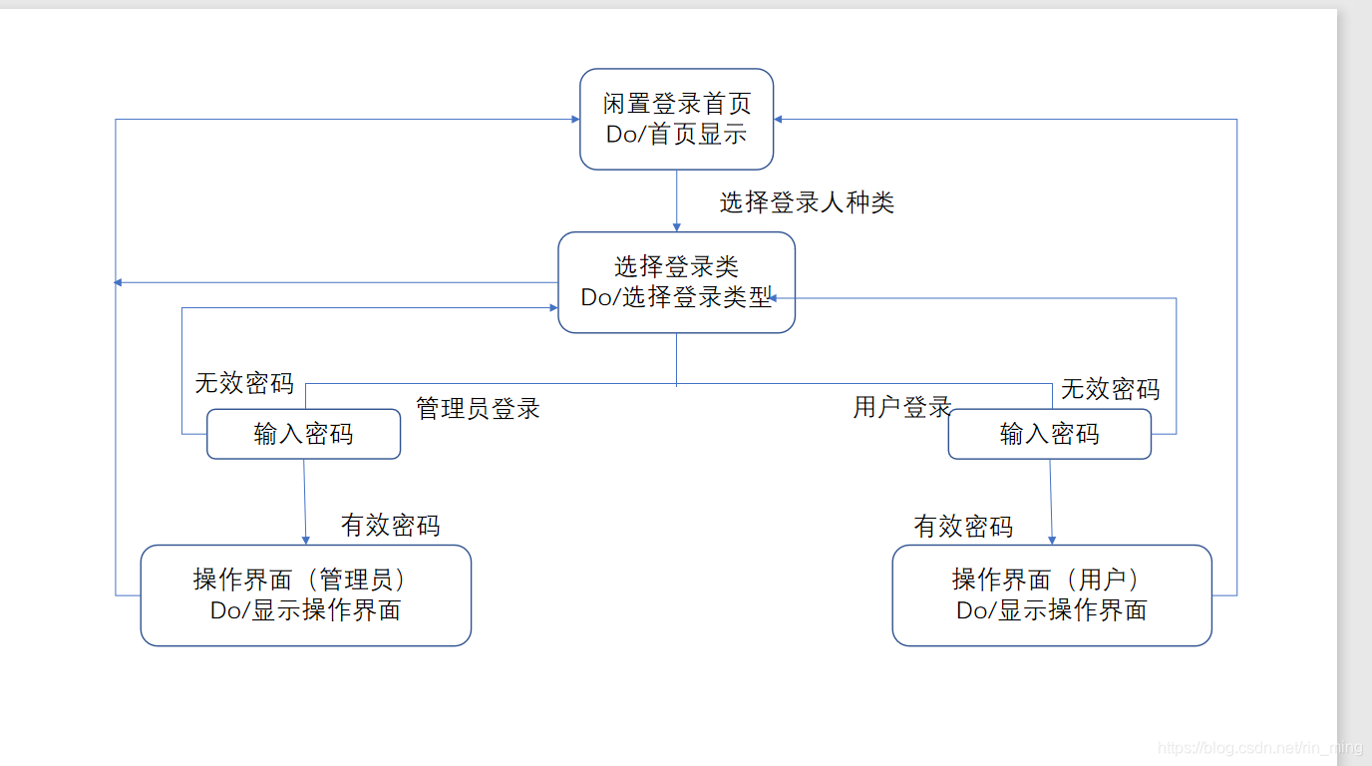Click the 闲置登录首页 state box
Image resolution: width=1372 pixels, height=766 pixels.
(x=677, y=119)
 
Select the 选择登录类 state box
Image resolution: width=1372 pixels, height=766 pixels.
(x=677, y=282)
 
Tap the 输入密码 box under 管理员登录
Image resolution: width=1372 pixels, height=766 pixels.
(x=303, y=434)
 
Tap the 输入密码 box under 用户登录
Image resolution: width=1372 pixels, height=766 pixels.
(x=1050, y=434)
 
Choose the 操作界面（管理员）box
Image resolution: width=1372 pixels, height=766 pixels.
(x=305, y=595)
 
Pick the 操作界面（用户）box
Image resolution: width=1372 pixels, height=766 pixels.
(x=1052, y=595)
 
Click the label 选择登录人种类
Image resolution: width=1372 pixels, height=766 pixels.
(x=807, y=202)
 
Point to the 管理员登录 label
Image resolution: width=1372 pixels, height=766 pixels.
(x=478, y=408)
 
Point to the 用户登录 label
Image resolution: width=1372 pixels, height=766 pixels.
(x=901, y=407)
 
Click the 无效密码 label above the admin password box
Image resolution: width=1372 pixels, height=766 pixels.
(x=243, y=383)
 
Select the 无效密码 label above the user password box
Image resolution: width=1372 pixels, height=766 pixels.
(x=1110, y=388)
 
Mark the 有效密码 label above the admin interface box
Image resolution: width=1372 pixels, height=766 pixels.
(x=390, y=526)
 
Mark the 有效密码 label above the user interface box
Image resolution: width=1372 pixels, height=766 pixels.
(x=963, y=527)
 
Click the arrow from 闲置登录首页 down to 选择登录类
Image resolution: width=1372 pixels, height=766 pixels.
(x=677, y=200)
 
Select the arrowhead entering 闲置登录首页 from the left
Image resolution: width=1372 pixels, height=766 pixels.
(x=575, y=120)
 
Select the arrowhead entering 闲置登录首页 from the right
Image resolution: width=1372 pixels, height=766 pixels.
(x=779, y=120)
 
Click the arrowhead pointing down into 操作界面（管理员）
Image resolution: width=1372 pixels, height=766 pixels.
(x=305, y=540)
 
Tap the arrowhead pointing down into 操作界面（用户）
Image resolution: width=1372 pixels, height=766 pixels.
(x=1052, y=540)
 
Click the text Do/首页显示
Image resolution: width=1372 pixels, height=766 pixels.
(x=677, y=135)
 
